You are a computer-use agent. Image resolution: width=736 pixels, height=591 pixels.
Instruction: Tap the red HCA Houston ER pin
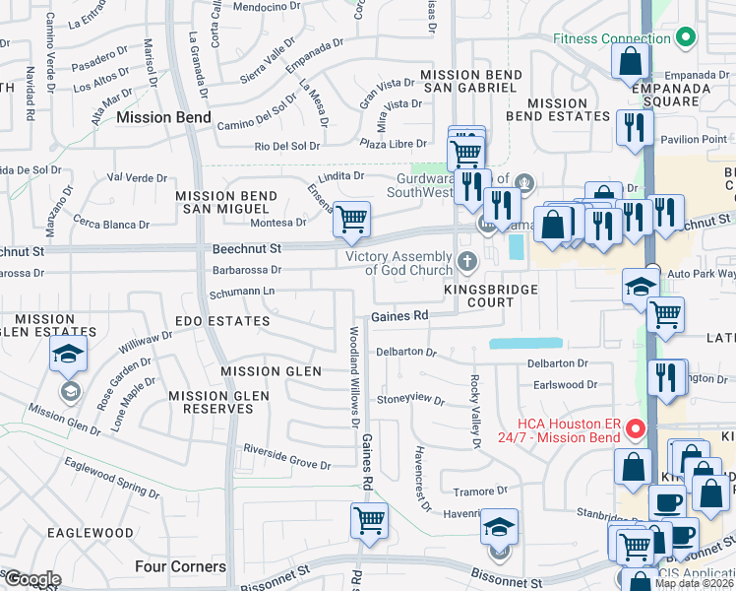(x=636, y=429)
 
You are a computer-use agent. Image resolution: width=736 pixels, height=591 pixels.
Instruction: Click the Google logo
(x=31, y=579)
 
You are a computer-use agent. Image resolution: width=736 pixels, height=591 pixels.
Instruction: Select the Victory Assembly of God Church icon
(x=467, y=262)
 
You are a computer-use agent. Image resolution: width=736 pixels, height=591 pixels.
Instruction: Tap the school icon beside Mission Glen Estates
(x=68, y=355)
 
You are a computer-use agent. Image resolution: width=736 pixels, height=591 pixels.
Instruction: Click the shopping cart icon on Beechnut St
(x=351, y=219)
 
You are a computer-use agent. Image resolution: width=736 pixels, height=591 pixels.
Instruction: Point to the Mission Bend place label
(x=163, y=117)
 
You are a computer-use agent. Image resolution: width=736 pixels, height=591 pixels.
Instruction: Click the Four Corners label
(x=180, y=566)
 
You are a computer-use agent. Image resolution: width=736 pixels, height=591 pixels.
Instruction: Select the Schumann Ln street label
(x=241, y=293)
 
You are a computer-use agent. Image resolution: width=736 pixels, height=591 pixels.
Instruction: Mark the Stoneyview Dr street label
(x=411, y=399)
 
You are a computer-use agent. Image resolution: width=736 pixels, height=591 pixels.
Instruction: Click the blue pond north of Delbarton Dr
(x=525, y=344)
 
